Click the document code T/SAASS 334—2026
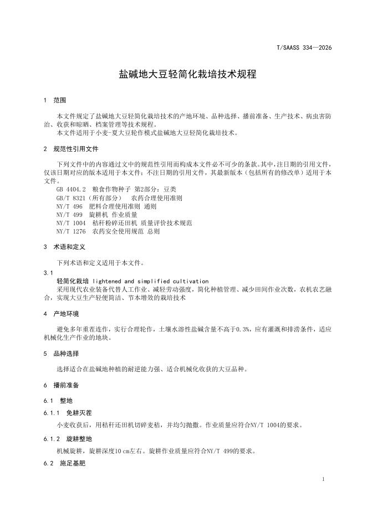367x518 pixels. coord(304,48)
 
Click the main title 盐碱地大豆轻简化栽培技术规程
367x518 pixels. coord(188,74)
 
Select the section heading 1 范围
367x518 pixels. coord(55,100)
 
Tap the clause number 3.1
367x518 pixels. coord(48,273)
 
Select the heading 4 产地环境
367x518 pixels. coord(61,313)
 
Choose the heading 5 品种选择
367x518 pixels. coord(61,354)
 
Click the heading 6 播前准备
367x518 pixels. coord(61,385)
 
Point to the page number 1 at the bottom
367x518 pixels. coord(323,479)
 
